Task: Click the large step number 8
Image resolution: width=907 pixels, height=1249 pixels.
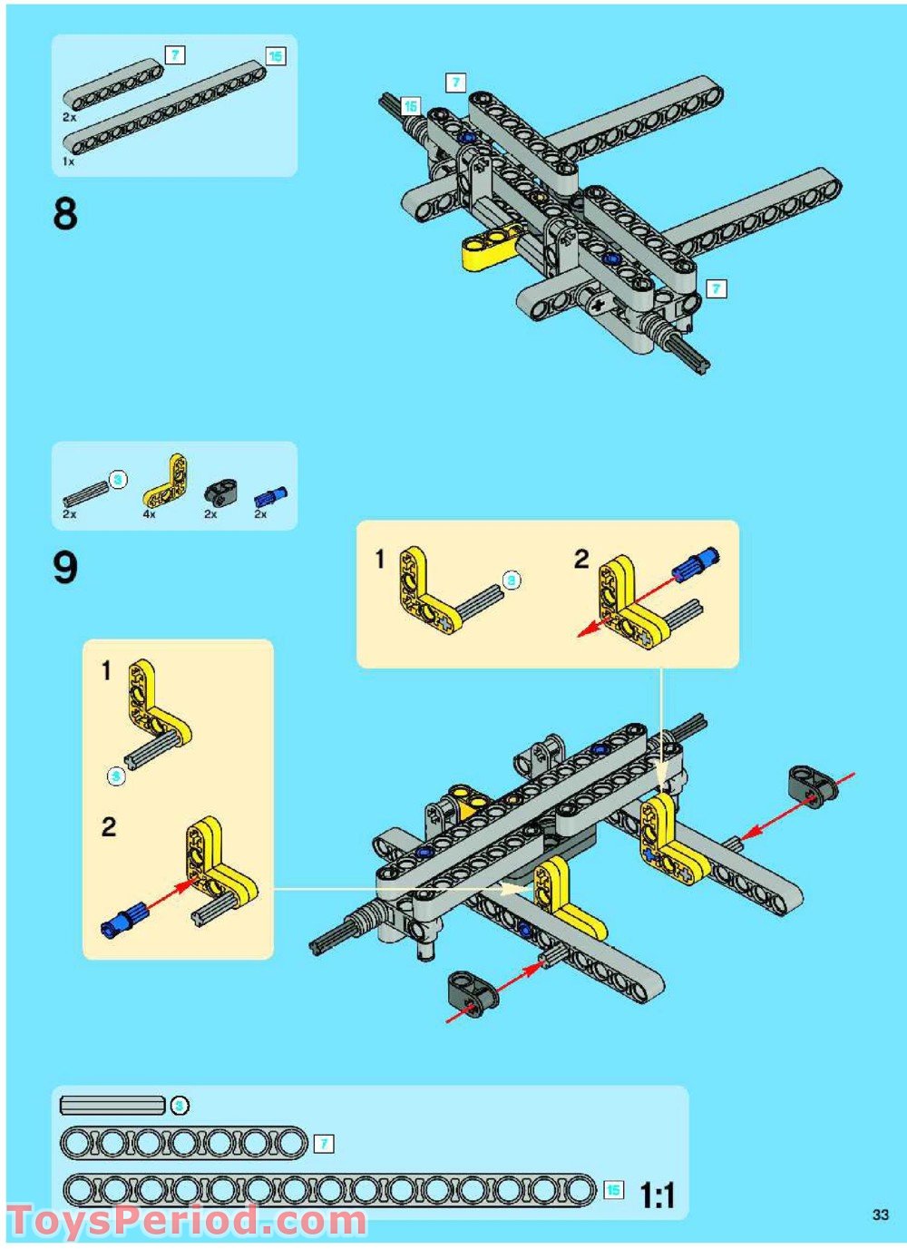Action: click(x=65, y=215)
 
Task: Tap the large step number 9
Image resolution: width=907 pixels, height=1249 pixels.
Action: click(x=65, y=568)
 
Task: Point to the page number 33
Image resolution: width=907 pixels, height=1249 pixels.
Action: click(x=880, y=1215)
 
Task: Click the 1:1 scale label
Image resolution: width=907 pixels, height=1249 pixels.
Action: click(x=658, y=1195)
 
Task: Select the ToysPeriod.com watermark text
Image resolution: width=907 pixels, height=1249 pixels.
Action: click(x=187, y=1221)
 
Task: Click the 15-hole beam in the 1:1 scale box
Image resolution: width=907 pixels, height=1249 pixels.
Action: click(x=329, y=1190)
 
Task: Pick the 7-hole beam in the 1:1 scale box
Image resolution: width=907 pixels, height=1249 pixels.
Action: click(x=184, y=1143)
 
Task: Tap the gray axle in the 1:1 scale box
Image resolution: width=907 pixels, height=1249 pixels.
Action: click(x=112, y=1105)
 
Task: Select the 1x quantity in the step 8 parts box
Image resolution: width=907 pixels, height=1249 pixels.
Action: click(x=68, y=161)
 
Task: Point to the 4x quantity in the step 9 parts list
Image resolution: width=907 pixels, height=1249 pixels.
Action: click(x=149, y=514)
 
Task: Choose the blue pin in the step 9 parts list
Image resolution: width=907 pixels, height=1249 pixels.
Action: click(x=270, y=495)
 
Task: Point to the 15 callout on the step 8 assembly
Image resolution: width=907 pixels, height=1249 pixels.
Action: click(x=411, y=106)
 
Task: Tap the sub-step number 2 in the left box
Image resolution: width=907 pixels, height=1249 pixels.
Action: click(x=109, y=826)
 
